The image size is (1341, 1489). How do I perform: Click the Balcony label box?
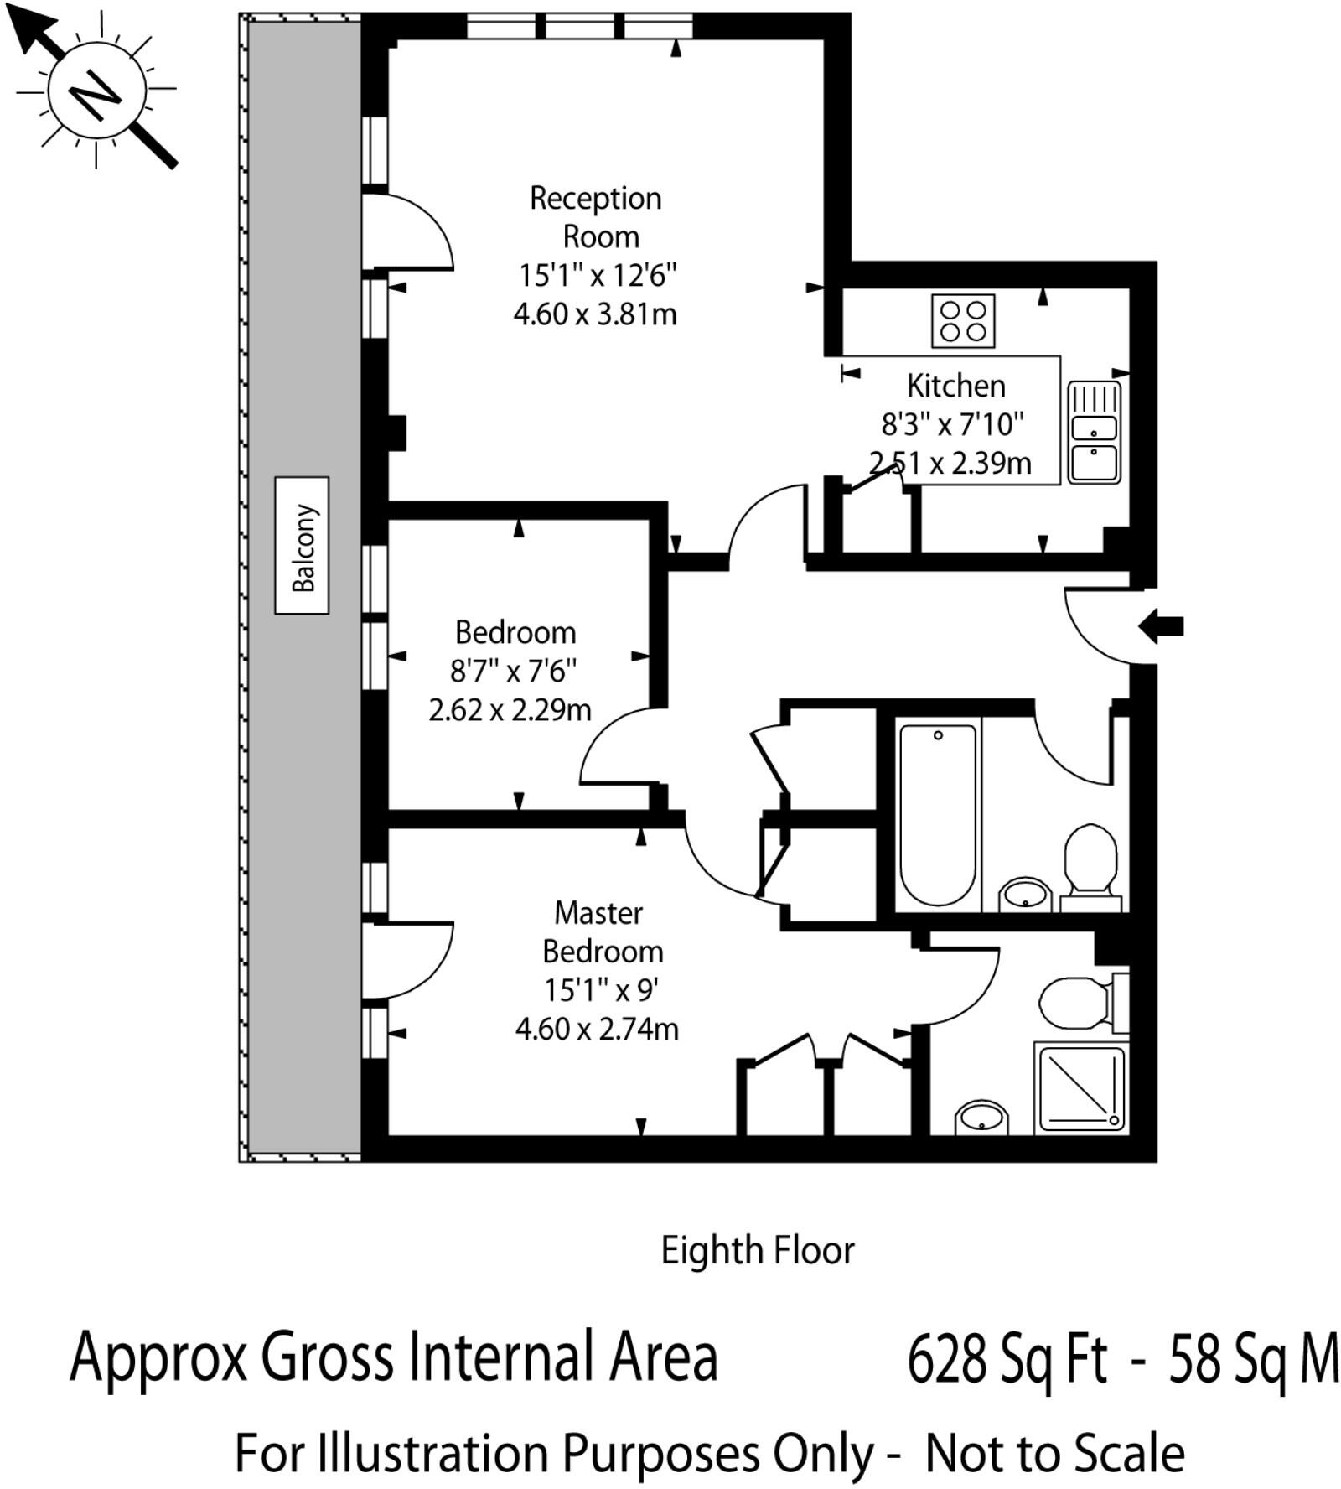click(x=302, y=545)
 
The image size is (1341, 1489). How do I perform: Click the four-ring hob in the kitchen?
click(x=963, y=320)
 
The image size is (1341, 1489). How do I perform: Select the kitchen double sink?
click(x=1094, y=433)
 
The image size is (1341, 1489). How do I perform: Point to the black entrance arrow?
click(x=1161, y=626)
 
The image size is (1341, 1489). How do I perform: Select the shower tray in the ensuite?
click(x=1081, y=1088)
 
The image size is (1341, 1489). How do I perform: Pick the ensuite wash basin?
click(x=981, y=1118)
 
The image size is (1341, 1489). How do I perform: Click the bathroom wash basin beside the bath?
click(x=1025, y=895)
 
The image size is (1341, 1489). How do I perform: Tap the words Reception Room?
click(x=596, y=217)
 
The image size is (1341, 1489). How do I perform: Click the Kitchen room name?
click(x=956, y=386)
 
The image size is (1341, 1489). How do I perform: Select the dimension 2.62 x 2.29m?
click(x=510, y=710)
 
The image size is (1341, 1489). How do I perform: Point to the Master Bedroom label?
click(x=601, y=931)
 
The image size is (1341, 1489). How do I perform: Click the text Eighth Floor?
click(x=758, y=1251)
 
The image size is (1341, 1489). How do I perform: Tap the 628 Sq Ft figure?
click(x=1008, y=1359)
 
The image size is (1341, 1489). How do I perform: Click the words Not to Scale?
click(x=1055, y=1454)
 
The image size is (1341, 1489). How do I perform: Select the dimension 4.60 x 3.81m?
click(x=595, y=314)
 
